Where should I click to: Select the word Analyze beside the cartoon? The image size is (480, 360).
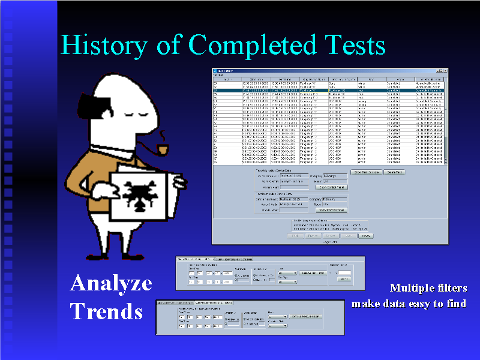(111, 283)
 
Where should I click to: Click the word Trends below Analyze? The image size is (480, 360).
(106, 311)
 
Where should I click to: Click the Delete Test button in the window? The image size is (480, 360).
(394, 172)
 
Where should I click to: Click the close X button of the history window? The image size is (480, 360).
(445, 71)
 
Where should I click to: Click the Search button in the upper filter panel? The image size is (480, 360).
(344, 278)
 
